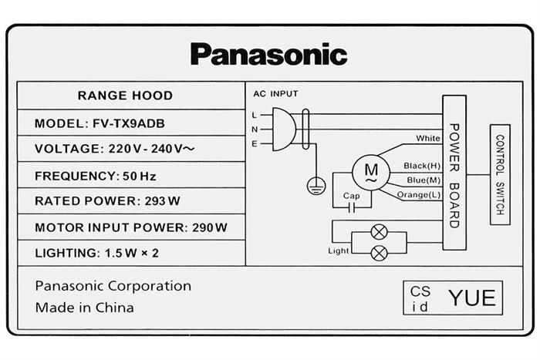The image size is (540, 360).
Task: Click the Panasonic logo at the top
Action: (x=268, y=54)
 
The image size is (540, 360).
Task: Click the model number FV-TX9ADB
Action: (x=141, y=123)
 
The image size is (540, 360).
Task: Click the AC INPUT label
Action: (x=275, y=94)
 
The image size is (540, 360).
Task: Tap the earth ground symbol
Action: (x=315, y=185)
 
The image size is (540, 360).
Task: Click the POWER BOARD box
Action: (x=454, y=172)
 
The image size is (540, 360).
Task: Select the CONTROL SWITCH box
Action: (x=500, y=174)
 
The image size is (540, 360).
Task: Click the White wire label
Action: (x=428, y=139)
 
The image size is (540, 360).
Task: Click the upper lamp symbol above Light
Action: (x=379, y=231)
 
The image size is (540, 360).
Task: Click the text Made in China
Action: (x=84, y=308)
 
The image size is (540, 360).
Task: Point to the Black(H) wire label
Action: (x=421, y=166)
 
